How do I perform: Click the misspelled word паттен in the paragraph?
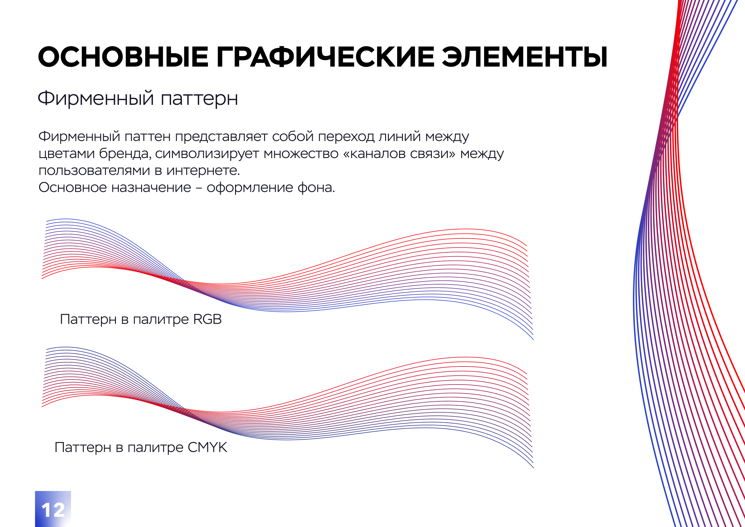[x=147, y=137]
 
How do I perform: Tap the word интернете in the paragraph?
[x=203, y=170]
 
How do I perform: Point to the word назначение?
[x=151, y=188]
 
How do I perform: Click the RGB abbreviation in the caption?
[x=207, y=319]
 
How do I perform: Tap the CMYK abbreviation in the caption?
[x=207, y=447]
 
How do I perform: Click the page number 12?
[x=53, y=510]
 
